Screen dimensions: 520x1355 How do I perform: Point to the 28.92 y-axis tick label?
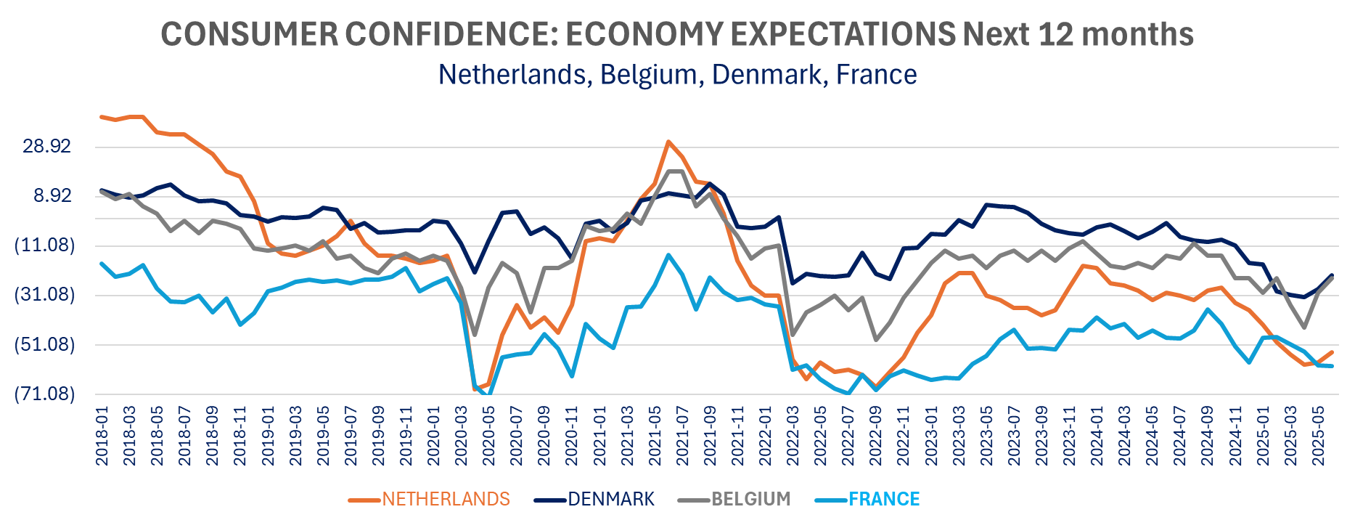[47, 147]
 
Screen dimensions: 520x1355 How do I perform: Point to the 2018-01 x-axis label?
[102, 436]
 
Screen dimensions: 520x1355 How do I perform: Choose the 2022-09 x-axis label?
[876, 436]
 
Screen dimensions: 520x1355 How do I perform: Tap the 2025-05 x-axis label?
[1319, 436]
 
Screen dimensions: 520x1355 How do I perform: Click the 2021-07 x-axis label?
[682, 436]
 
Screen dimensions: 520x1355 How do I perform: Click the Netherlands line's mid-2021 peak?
[668, 142]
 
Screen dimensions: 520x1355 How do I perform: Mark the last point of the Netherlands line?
[1333, 352]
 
